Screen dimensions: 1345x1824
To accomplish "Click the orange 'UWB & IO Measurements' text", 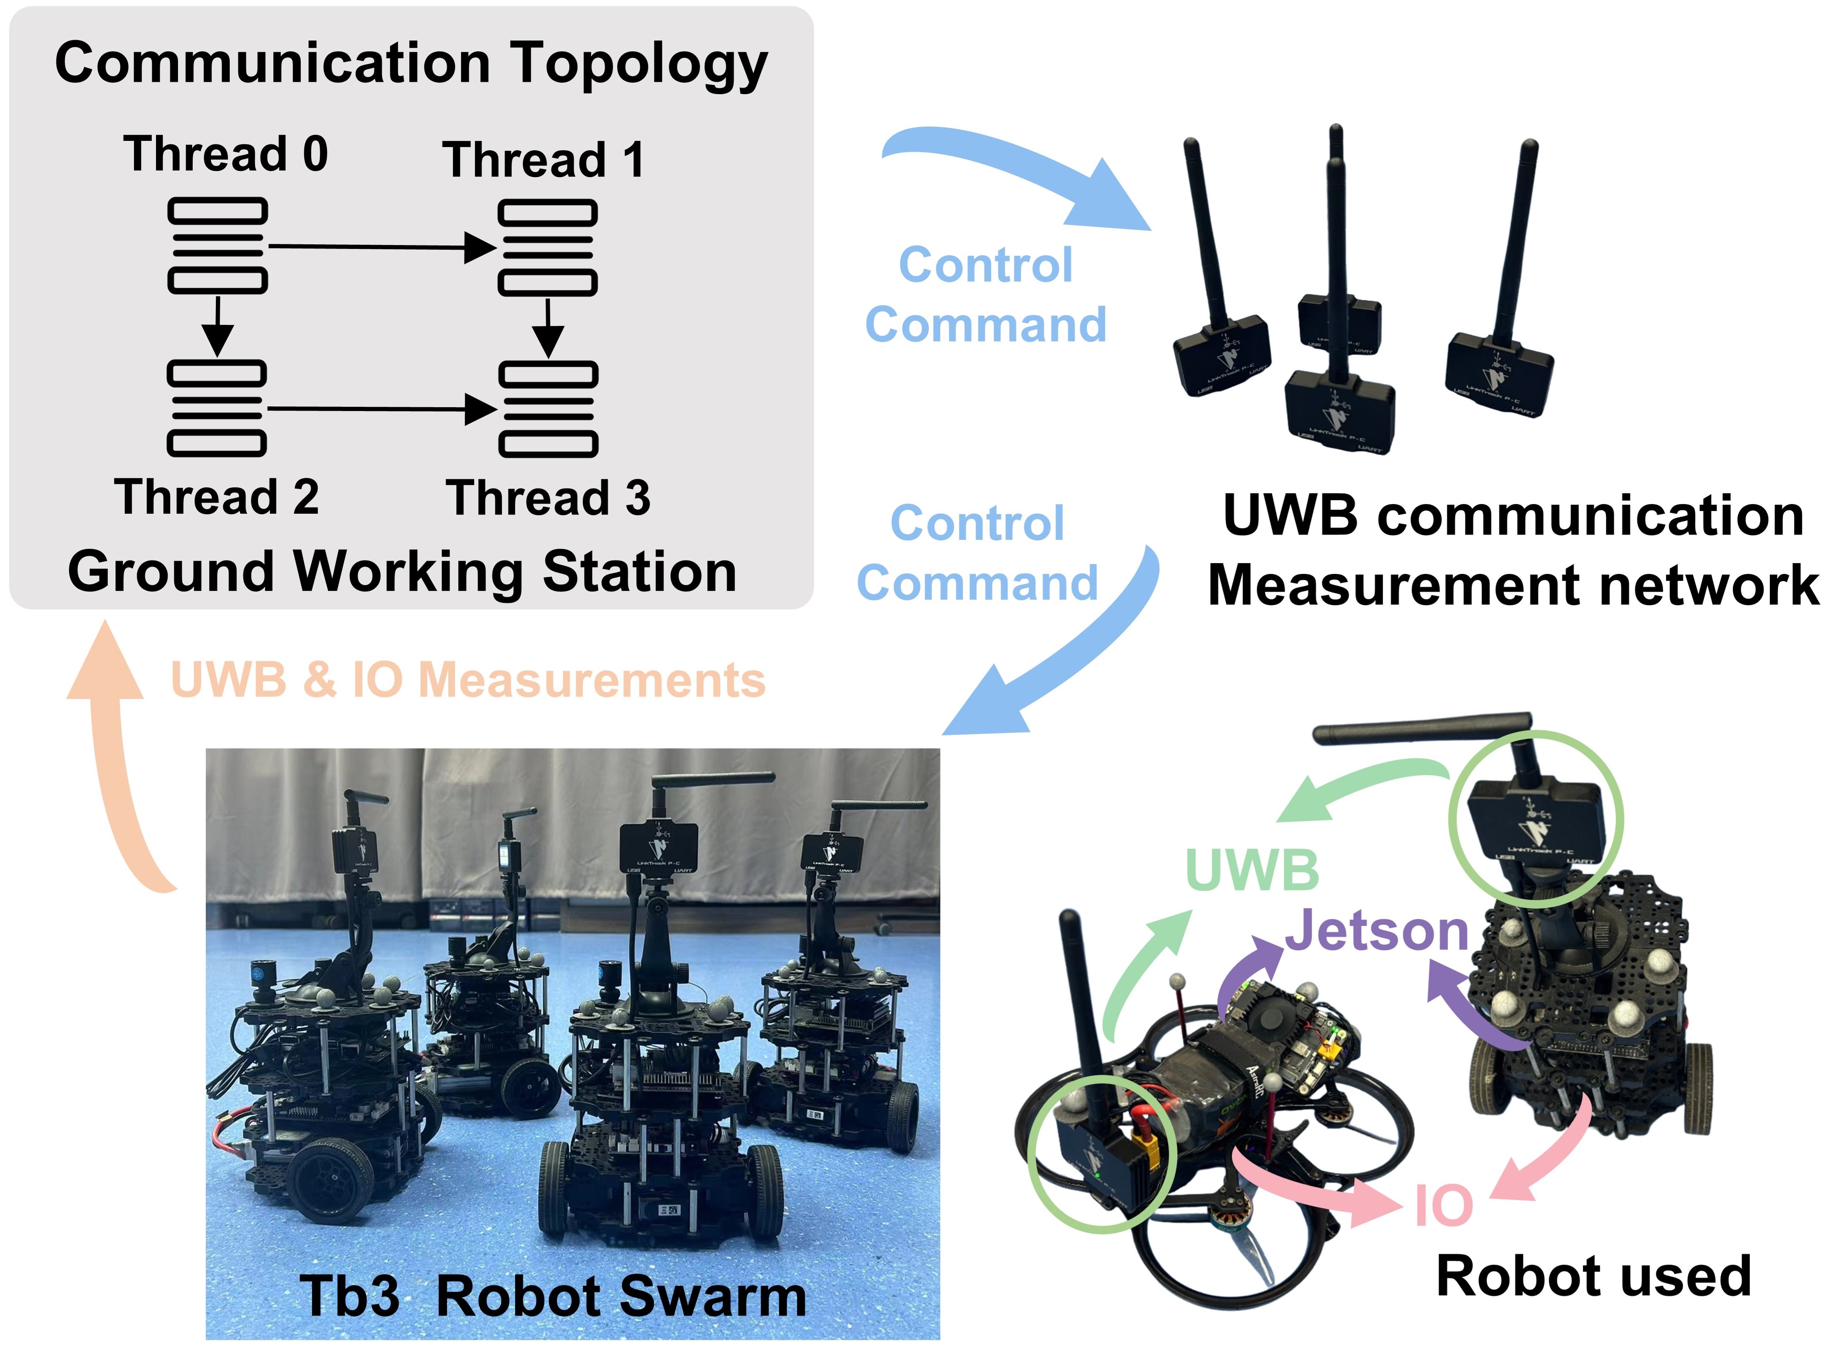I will click(468, 680).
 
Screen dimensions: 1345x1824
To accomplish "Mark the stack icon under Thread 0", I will click(217, 246).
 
